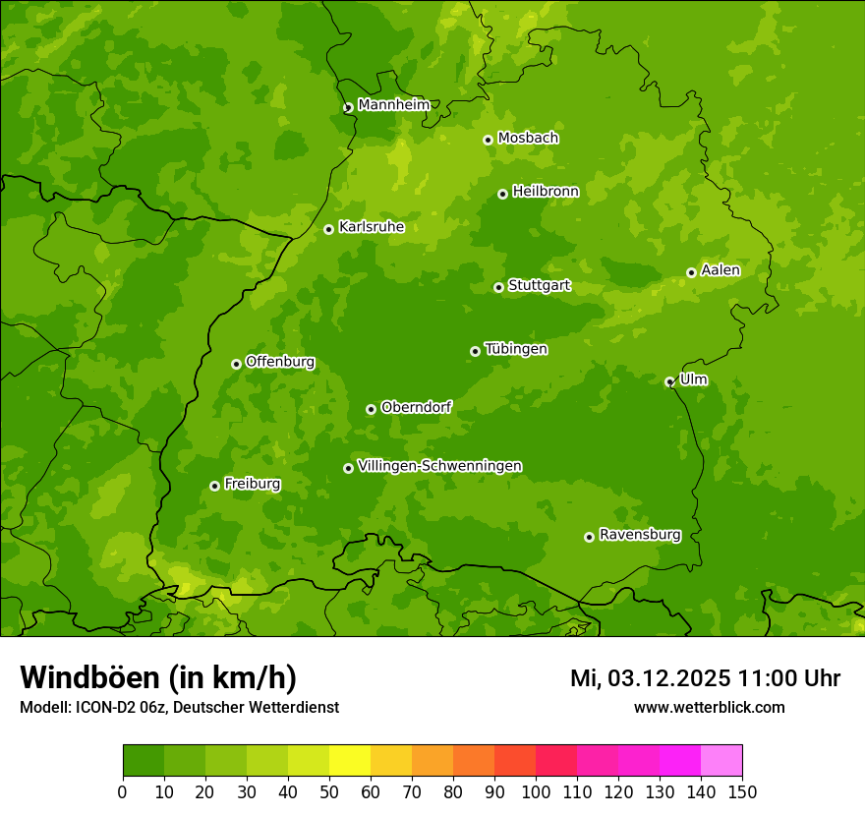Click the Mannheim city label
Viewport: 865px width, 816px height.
pyautogui.click(x=393, y=105)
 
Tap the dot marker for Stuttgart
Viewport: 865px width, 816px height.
pyautogui.click(x=498, y=287)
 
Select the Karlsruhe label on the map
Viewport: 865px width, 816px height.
pyautogui.click(x=371, y=227)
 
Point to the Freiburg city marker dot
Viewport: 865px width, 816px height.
pyautogui.click(x=214, y=486)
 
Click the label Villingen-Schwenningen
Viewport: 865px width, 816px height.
pyautogui.click(x=439, y=466)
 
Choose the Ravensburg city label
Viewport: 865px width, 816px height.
pyautogui.click(x=639, y=535)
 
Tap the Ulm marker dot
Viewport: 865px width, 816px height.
pyautogui.click(x=669, y=381)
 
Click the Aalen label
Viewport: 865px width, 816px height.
pyautogui.click(x=720, y=270)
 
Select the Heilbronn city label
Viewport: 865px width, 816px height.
pyautogui.click(x=545, y=192)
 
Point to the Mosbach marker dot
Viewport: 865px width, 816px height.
pyautogui.click(x=488, y=140)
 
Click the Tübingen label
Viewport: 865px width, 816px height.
pyautogui.click(x=515, y=349)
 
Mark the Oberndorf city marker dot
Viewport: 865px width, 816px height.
pyautogui.click(x=371, y=409)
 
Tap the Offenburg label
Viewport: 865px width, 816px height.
pyautogui.click(x=279, y=362)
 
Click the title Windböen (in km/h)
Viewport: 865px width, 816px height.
pyautogui.click(x=158, y=677)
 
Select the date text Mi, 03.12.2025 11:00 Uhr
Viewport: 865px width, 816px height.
pyautogui.click(x=705, y=678)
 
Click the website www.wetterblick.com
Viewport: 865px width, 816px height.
pyautogui.click(x=709, y=707)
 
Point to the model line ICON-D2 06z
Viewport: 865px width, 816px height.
pyautogui.click(x=179, y=707)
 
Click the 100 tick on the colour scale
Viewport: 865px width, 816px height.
pyautogui.click(x=536, y=791)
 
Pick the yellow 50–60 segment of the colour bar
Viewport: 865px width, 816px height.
pyautogui.click(x=350, y=761)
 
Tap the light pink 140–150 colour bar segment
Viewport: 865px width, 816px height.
pyautogui.click(x=721, y=761)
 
